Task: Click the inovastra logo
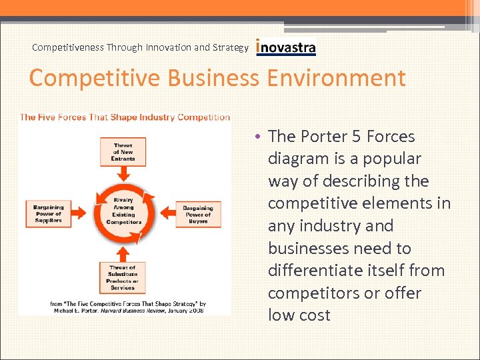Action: (x=286, y=47)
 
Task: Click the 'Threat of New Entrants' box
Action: (x=123, y=151)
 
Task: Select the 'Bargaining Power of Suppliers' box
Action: (x=48, y=213)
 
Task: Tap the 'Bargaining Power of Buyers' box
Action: (x=198, y=213)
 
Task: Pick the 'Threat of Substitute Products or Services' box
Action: (x=123, y=277)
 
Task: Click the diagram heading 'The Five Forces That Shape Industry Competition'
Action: (x=125, y=117)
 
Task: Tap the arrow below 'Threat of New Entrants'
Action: (x=123, y=175)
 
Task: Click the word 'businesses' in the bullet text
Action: (x=303, y=249)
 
